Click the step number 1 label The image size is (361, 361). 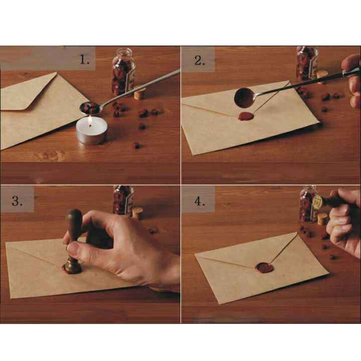pyautogui.click(x=84, y=60)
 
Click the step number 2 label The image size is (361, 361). pyautogui.click(x=200, y=61)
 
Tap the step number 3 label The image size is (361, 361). pyautogui.click(x=17, y=201)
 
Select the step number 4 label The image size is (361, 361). pyautogui.click(x=200, y=201)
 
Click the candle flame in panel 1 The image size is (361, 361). pyautogui.click(x=90, y=120)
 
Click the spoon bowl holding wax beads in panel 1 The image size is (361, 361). pyautogui.click(x=90, y=108)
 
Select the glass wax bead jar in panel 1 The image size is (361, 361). pyautogui.click(x=123, y=72)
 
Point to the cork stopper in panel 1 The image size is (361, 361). pyautogui.click(x=139, y=94)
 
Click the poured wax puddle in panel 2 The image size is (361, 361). pyautogui.click(x=246, y=116)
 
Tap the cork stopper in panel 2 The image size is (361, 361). pyautogui.click(x=322, y=75)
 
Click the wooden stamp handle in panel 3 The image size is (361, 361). pyautogui.click(x=74, y=230)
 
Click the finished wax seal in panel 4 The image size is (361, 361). pyautogui.click(x=265, y=268)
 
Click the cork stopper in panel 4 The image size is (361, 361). pyautogui.click(x=322, y=219)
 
